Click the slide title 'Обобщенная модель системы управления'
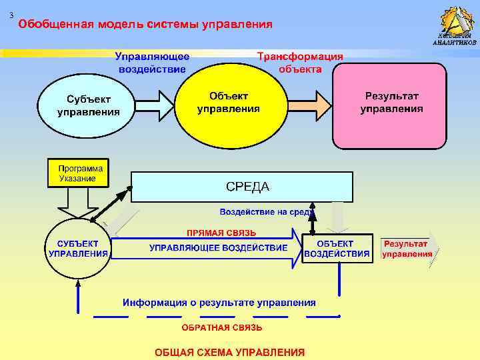145,25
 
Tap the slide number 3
11,15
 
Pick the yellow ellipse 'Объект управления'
229,103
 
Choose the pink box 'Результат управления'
390,105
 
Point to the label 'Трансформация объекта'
300,63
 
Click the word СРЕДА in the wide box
247,187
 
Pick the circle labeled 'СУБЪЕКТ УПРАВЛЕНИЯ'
78,247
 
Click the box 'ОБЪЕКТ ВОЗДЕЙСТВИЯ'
337,247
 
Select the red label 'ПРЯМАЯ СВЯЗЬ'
221,233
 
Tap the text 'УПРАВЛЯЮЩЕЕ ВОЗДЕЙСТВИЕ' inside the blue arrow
218,248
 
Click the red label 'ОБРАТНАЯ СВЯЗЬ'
222,328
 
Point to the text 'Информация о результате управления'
219,302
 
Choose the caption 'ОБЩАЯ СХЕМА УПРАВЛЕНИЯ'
230,351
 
